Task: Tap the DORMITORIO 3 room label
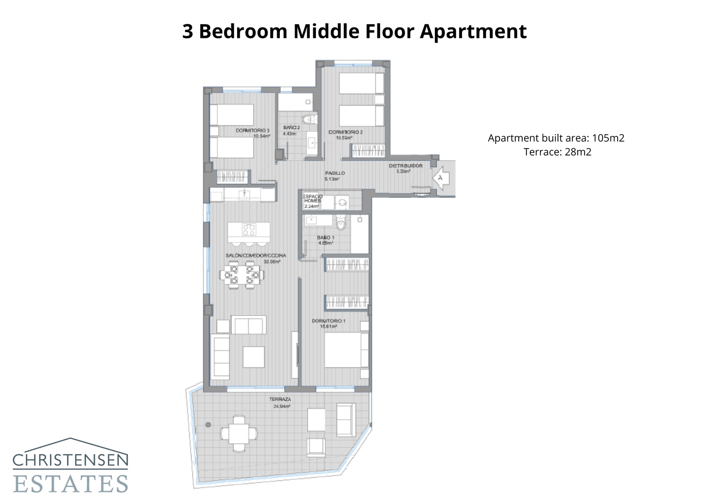click(253, 131)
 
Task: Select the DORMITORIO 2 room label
click(345, 132)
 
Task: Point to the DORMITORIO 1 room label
click(328, 321)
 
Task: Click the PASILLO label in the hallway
click(335, 173)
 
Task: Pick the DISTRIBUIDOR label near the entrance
click(406, 166)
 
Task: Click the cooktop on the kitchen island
click(249, 229)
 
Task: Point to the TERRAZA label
click(280, 399)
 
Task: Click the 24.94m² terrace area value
click(282, 406)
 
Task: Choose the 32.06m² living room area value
click(272, 262)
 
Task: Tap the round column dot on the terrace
click(208, 425)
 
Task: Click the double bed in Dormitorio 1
click(346, 350)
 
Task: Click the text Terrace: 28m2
click(557, 152)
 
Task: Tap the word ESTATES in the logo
click(70, 484)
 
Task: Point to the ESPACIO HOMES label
click(312, 198)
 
